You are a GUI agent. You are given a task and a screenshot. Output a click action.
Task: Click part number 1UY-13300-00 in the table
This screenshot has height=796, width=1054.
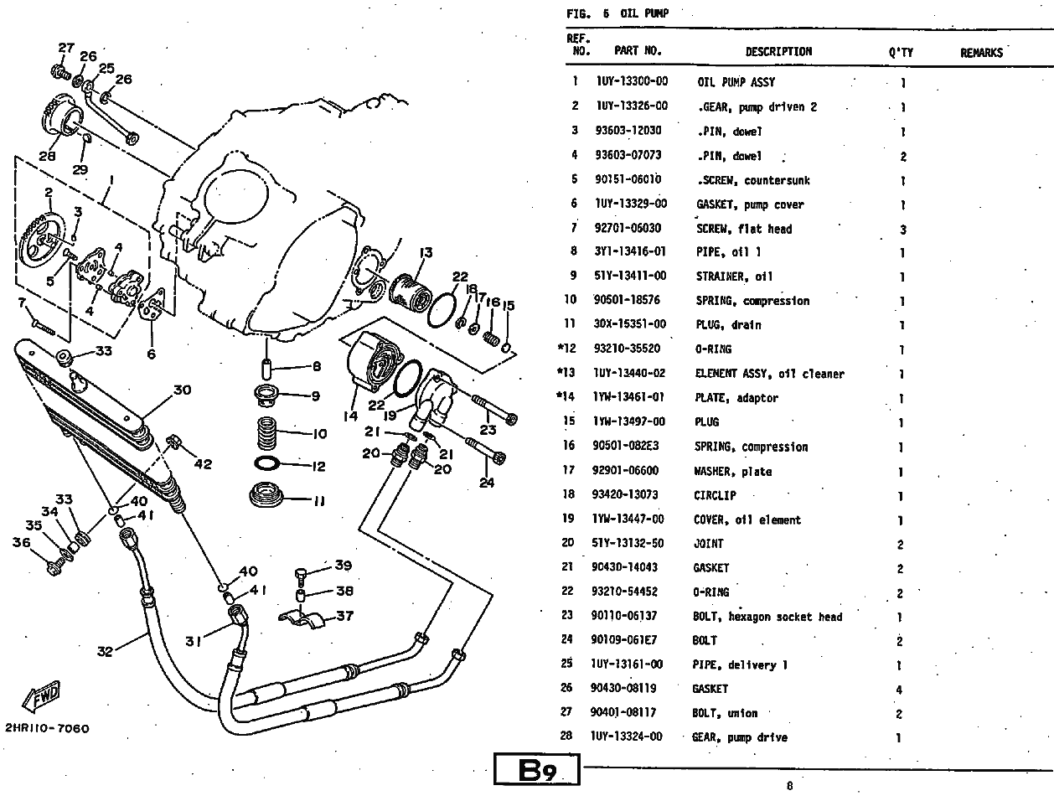coord(633,82)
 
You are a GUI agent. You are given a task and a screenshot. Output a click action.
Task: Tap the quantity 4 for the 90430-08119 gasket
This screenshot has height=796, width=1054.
coord(901,690)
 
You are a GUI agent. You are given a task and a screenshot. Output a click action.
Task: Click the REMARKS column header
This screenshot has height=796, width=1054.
coord(981,52)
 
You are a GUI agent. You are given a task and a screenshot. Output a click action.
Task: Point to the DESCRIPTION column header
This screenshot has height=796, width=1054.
coord(778,51)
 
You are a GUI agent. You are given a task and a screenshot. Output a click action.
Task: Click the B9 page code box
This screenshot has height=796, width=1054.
coord(536,770)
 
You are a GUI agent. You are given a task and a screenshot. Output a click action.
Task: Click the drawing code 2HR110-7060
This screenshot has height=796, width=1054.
coord(46,728)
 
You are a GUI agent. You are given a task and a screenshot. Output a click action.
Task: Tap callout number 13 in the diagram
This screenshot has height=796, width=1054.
coord(426,253)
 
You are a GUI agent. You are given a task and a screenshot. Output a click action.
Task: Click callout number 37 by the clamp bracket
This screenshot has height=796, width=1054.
coord(344,617)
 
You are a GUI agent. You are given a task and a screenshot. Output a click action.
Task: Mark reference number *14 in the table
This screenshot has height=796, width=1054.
coord(572,398)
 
